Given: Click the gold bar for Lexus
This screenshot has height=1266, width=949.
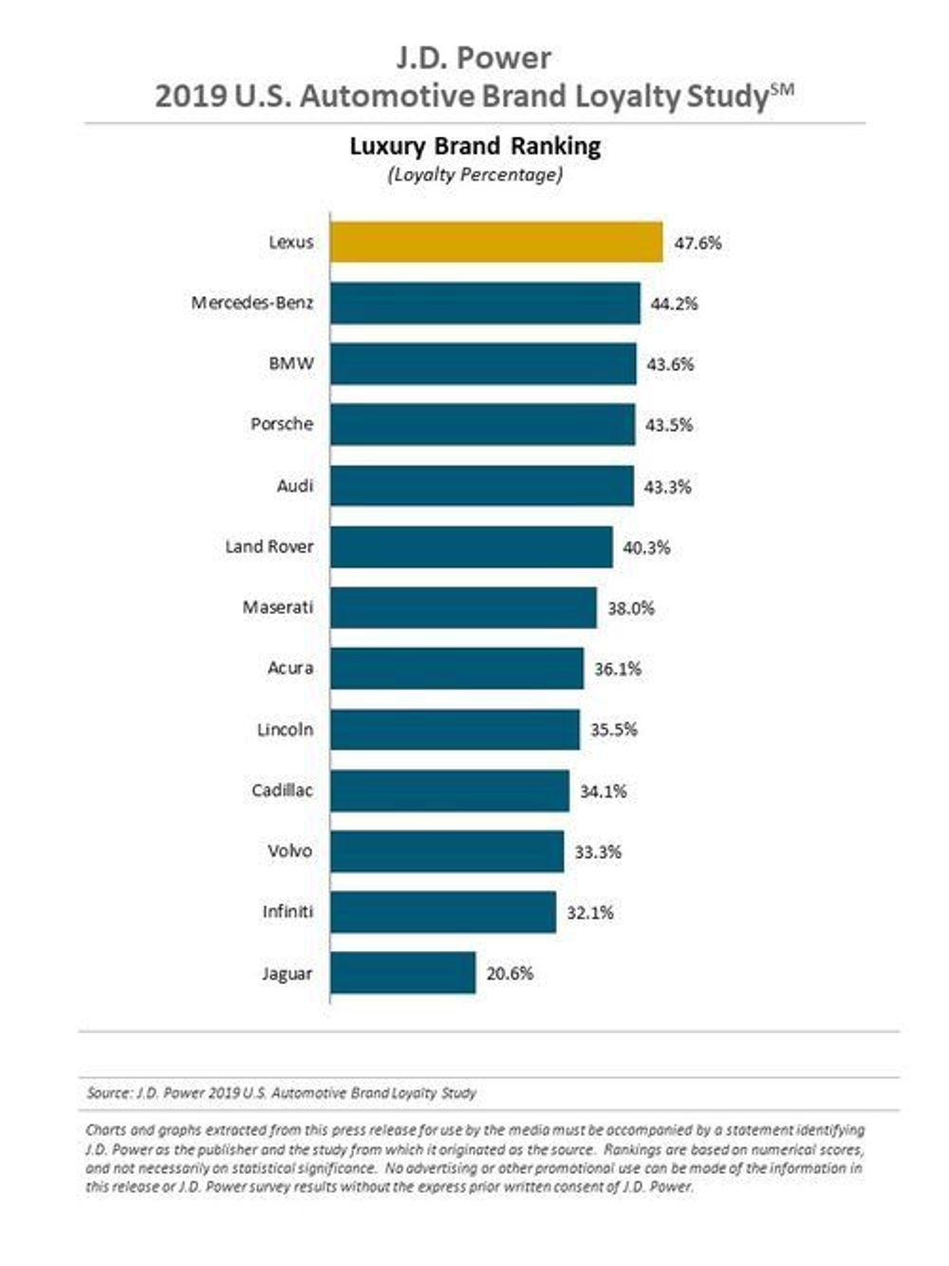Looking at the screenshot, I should (496, 242).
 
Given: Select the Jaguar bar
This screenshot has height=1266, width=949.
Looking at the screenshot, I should (403, 973).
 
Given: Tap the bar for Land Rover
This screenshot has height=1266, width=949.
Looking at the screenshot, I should (472, 547).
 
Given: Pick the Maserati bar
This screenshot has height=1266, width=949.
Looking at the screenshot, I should (464, 607).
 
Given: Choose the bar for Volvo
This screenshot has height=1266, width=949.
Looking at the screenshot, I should (447, 851).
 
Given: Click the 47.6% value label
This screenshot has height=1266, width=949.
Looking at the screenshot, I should (698, 243).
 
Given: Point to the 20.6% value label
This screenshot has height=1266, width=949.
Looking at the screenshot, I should (510, 973).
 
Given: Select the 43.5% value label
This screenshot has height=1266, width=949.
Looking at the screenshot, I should (669, 425).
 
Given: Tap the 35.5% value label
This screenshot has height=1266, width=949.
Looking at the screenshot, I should (614, 730).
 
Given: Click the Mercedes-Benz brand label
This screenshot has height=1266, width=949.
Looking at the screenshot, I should (252, 303).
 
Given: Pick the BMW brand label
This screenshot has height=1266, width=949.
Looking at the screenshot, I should (290, 363).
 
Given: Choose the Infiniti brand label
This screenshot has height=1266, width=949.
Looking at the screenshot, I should (287, 912).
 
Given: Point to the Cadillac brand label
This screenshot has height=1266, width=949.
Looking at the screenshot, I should (282, 791).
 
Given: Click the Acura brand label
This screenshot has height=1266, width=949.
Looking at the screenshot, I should (289, 668).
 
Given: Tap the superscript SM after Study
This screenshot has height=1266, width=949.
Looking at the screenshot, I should (782, 88).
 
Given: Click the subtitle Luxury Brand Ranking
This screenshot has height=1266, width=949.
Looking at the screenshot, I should (474, 146).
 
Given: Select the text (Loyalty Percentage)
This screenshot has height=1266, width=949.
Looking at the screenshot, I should (474, 175).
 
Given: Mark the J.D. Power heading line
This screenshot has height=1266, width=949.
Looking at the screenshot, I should (474, 58).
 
